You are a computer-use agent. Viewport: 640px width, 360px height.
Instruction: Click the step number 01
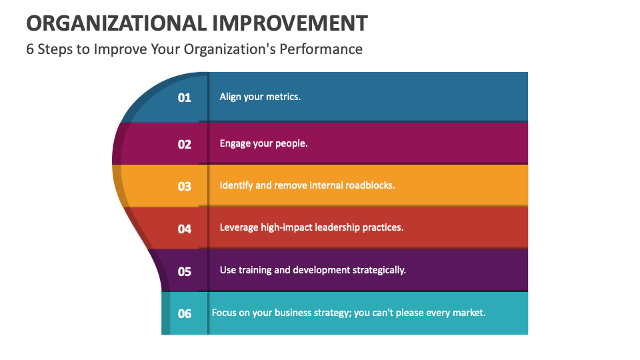(x=184, y=97)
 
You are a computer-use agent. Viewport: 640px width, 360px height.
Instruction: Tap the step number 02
(x=184, y=144)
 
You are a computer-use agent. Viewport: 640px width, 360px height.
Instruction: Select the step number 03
(x=184, y=186)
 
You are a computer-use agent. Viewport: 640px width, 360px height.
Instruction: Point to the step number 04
(x=184, y=229)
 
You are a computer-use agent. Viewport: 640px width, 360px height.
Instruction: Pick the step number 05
(x=184, y=271)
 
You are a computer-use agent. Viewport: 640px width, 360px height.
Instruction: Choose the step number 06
(x=184, y=313)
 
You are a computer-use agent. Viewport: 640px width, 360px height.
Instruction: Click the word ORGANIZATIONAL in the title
(x=115, y=23)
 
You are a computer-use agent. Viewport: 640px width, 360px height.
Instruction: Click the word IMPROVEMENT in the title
(x=290, y=23)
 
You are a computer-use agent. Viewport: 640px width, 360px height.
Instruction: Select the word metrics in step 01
(x=283, y=97)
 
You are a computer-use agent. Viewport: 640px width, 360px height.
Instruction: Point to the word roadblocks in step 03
(x=371, y=185)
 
